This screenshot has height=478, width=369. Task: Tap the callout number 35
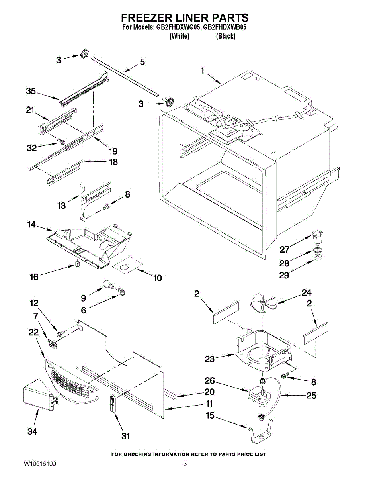pyautogui.click(x=31, y=92)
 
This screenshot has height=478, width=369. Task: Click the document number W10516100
pyautogui.click(x=40, y=464)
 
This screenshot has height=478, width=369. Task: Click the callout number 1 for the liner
pyautogui.click(x=203, y=71)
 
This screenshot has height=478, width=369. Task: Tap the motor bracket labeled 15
pyautogui.click(x=261, y=434)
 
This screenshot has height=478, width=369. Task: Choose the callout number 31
pyautogui.click(x=126, y=437)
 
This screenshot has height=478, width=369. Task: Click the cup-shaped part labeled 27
pyautogui.click(x=317, y=237)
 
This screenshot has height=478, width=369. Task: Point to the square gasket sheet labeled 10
pyautogui.click(x=127, y=266)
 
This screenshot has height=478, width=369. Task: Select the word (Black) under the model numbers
pyautogui.click(x=226, y=36)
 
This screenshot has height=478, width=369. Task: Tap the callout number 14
pyautogui.click(x=31, y=225)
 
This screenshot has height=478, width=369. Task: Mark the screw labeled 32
pyautogui.click(x=61, y=141)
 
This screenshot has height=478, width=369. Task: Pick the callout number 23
pyautogui.click(x=210, y=359)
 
